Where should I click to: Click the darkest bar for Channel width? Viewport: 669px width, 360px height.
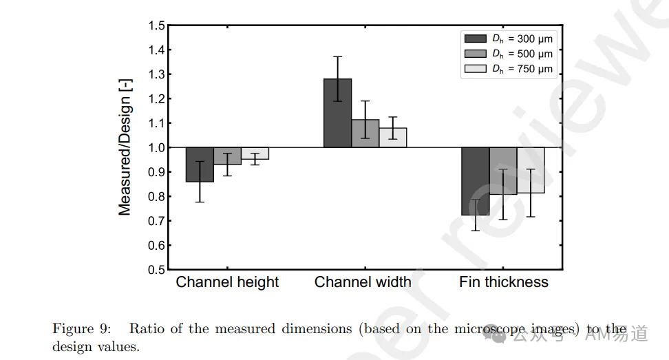(337, 113)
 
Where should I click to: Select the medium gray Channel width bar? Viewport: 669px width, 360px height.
(365, 134)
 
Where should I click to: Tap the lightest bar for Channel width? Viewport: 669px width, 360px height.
(393, 138)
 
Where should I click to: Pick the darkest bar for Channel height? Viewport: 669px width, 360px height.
(200, 165)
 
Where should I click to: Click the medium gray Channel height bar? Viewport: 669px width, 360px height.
(227, 156)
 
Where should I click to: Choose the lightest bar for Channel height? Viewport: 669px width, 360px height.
(255, 153)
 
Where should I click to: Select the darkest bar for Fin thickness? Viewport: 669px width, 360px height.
(476, 181)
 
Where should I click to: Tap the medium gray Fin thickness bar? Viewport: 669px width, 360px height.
(503, 171)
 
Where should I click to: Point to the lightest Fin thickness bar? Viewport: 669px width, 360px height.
(531, 170)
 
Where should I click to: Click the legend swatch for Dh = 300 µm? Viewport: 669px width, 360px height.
(476, 39)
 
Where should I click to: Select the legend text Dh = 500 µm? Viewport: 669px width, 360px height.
(522, 54)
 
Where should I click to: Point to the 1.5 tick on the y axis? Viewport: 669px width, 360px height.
(156, 25)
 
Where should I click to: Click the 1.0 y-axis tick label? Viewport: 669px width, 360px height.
(156, 147)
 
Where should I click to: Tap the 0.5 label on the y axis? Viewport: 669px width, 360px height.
(156, 270)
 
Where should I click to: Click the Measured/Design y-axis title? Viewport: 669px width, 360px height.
(125, 147)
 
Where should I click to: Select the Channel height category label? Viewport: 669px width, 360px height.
(227, 282)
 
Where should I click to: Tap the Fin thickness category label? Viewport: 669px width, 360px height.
(503, 282)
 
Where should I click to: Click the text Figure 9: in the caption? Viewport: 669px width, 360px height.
(81, 329)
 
